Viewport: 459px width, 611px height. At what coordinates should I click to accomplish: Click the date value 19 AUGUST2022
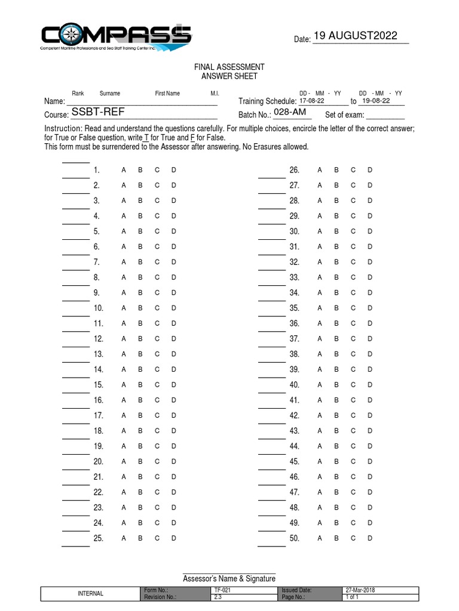355,36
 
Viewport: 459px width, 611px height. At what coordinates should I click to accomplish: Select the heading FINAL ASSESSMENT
229,67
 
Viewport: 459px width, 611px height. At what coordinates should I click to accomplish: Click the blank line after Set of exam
385,116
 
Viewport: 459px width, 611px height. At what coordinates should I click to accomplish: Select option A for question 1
124,171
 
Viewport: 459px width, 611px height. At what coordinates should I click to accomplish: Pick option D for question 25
174,538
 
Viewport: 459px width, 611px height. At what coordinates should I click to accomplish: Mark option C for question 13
157,354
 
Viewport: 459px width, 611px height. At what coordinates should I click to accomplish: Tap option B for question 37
336,339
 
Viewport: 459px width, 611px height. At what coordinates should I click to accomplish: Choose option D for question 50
370,538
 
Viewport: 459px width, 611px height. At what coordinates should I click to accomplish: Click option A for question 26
320,171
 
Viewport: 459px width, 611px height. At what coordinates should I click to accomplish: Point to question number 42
294,415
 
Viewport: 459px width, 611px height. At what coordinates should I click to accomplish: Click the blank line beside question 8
76,284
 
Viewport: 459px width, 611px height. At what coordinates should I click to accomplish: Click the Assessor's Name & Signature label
229,579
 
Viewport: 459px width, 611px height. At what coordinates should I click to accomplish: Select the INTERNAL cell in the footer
91,593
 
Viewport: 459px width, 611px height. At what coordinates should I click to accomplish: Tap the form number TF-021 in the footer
222,590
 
